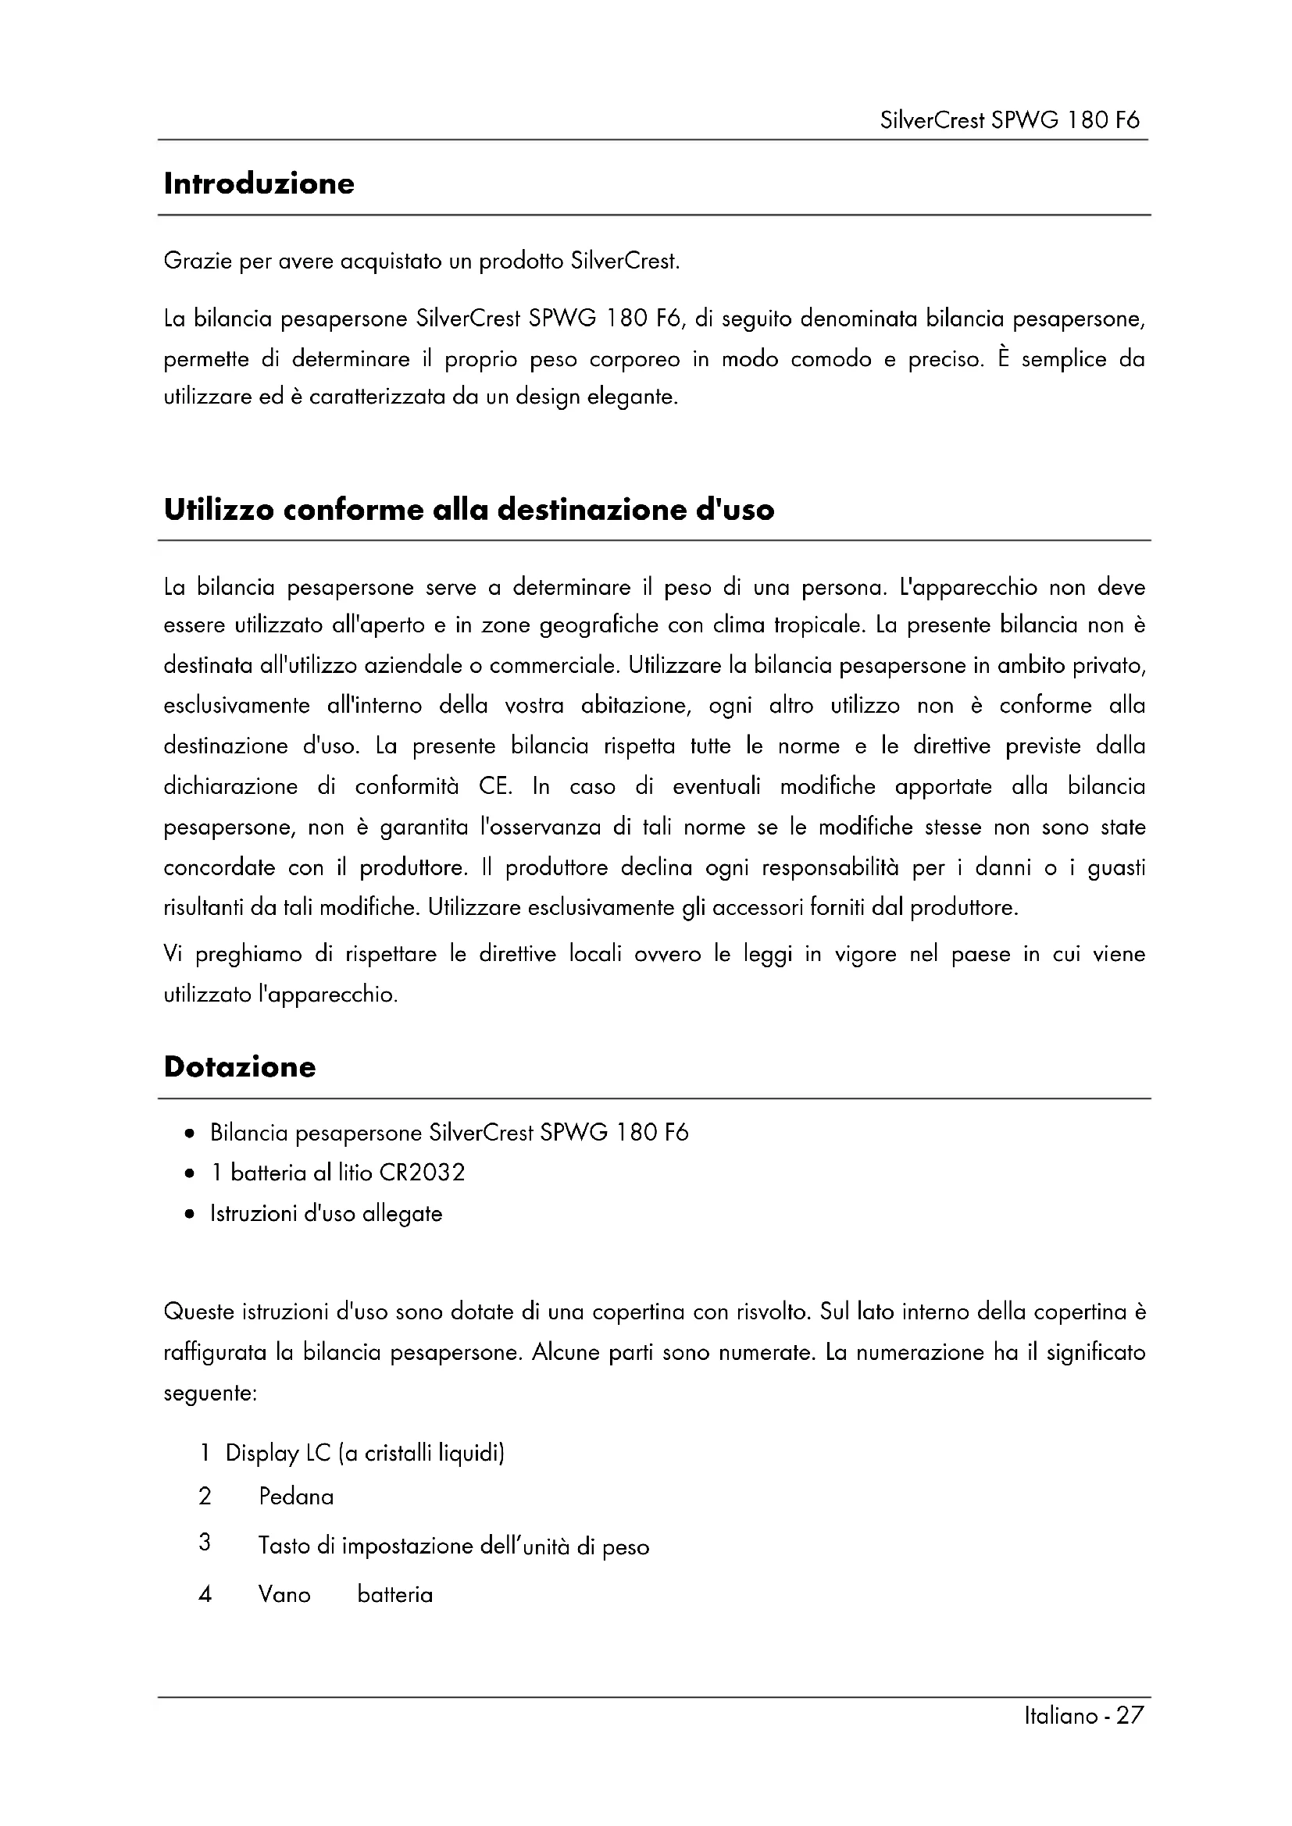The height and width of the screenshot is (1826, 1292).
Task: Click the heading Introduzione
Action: click(x=259, y=183)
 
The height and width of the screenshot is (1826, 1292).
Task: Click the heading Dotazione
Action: click(x=240, y=1066)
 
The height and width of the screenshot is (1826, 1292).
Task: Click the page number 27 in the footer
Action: click(x=1130, y=1715)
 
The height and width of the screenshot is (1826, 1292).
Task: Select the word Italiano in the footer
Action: click(x=1062, y=1716)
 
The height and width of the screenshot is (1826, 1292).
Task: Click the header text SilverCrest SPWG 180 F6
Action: click(x=1009, y=120)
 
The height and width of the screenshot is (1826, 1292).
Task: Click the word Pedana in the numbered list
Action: click(x=296, y=1497)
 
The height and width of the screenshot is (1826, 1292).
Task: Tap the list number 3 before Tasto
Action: click(x=205, y=1543)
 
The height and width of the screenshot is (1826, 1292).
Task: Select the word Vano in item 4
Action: click(x=284, y=1595)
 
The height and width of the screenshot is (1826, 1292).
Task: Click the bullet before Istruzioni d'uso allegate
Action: click(x=189, y=1215)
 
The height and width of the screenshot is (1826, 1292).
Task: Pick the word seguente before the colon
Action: click(x=209, y=1394)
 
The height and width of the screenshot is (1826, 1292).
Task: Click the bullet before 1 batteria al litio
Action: click(x=189, y=1173)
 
